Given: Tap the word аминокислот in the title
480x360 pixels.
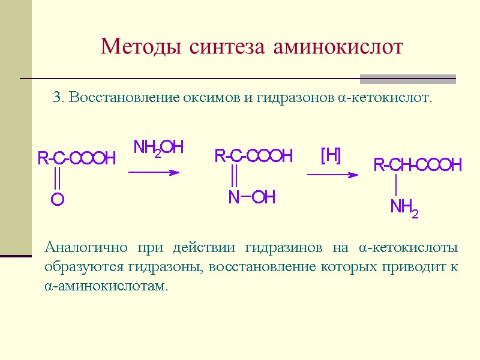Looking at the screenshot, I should point(338,46).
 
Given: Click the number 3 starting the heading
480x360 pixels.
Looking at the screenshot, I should point(57,97).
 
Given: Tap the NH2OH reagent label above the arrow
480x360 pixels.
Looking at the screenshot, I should point(158,148).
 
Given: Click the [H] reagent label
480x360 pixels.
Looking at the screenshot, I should point(331,155).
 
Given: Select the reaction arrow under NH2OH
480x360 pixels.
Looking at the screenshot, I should point(154,172).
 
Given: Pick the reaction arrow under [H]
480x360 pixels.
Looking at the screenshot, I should point(332,175).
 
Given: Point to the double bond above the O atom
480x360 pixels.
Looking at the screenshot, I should point(57,178).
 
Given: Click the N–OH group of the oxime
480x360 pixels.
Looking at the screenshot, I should point(251,197).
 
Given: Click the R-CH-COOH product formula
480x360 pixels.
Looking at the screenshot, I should point(418,165).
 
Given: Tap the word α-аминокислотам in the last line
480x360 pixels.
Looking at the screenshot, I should point(106,286).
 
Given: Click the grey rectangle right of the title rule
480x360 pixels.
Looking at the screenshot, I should point(407,79).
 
